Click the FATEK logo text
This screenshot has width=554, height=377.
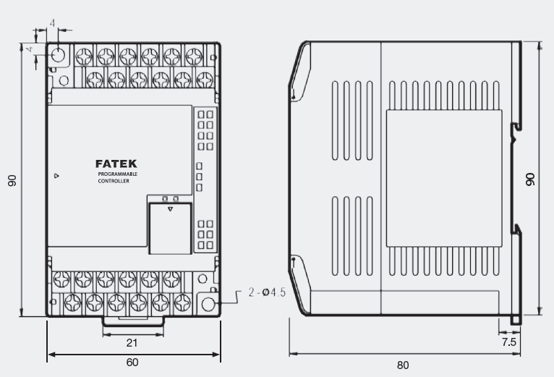[x=116, y=164]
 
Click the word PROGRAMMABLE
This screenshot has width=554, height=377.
[x=118, y=174]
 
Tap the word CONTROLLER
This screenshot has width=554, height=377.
[x=114, y=181]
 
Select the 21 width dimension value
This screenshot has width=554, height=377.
[x=132, y=343]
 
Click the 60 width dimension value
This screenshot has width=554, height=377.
[x=132, y=362]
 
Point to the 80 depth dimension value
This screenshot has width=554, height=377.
[x=403, y=365]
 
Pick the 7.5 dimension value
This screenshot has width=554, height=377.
[x=508, y=342]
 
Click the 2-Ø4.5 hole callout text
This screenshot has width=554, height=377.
[x=267, y=292]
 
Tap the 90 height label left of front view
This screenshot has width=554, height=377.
[x=12, y=180]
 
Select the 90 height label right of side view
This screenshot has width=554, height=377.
[x=530, y=179]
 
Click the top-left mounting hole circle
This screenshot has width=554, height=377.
[x=58, y=55]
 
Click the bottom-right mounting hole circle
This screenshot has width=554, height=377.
[x=208, y=304]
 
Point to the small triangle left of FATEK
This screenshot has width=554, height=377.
[x=56, y=176]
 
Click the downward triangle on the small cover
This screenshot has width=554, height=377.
[x=170, y=209]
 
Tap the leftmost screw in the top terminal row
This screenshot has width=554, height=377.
[x=84, y=56]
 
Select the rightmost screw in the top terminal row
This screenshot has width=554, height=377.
[x=194, y=56]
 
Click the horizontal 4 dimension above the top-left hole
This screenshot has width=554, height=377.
[x=52, y=23]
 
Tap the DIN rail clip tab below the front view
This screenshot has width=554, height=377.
[x=133, y=321]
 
